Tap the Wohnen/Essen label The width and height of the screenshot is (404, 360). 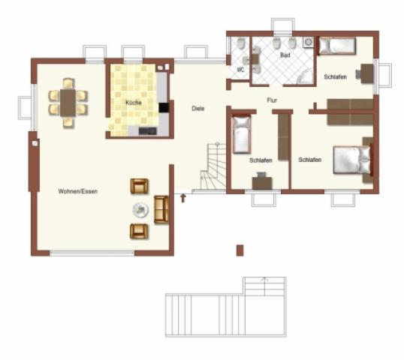click(78, 191)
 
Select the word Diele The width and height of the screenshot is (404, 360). click(198, 108)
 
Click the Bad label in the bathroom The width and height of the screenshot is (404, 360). click(285, 55)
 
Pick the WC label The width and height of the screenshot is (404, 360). click(240, 70)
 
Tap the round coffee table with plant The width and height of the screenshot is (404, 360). click(140, 210)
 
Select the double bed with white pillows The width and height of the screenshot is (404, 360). click(352, 160)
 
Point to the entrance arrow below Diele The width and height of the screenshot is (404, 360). click(182, 199)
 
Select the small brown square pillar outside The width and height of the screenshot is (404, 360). click(240, 250)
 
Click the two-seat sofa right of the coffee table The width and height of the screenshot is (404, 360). click(161, 209)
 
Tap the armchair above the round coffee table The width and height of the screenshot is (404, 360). click(140, 186)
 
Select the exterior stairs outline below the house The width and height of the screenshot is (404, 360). click(225, 307)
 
